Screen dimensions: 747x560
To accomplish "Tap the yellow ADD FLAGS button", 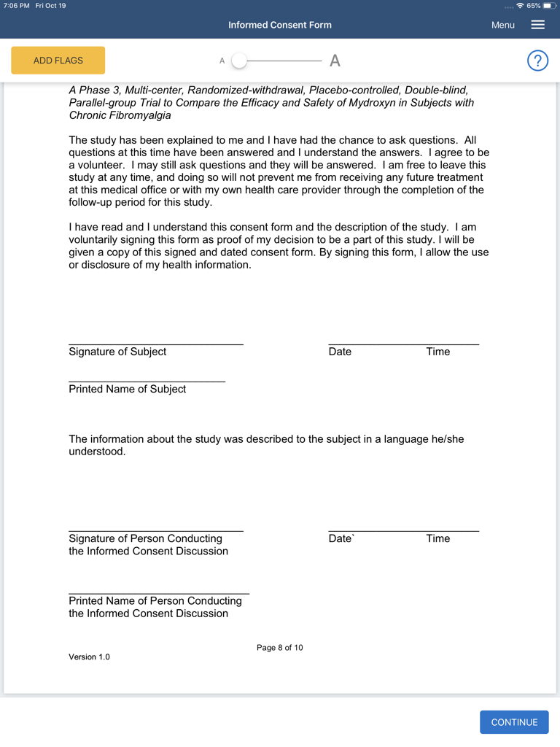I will pyautogui.click(x=58, y=61).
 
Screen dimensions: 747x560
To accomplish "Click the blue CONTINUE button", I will pyautogui.click(x=514, y=722).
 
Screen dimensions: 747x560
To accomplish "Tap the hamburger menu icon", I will pyautogui.click(x=538, y=25).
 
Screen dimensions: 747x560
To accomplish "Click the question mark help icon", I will pyautogui.click(x=537, y=61).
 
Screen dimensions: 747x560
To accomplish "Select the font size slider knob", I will pyautogui.click(x=239, y=61).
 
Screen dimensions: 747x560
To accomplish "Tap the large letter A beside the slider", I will pyautogui.click(x=335, y=61).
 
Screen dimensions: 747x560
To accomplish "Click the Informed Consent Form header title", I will pyautogui.click(x=280, y=25).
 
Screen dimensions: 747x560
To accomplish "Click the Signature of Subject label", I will pyautogui.click(x=117, y=352).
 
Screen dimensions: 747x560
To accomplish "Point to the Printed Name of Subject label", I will pyautogui.click(x=128, y=389).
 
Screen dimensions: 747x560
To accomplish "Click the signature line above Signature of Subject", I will pyautogui.click(x=156, y=344).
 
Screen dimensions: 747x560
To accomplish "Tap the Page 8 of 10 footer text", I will pyautogui.click(x=280, y=648).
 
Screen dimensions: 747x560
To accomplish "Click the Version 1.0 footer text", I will pyautogui.click(x=89, y=657).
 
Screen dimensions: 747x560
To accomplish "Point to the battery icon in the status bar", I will pyautogui.click(x=549, y=6).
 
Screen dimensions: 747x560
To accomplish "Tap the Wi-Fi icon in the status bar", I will pyautogui.click(x=519, y=6).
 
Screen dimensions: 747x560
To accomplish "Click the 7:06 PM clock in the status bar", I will pyautogui.click(x=16, y=6).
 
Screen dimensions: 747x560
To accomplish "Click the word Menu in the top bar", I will pyautogui.click(x=503, y=25).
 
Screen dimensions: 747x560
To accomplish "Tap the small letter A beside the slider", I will pyautogui.click(x=222, y=61).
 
